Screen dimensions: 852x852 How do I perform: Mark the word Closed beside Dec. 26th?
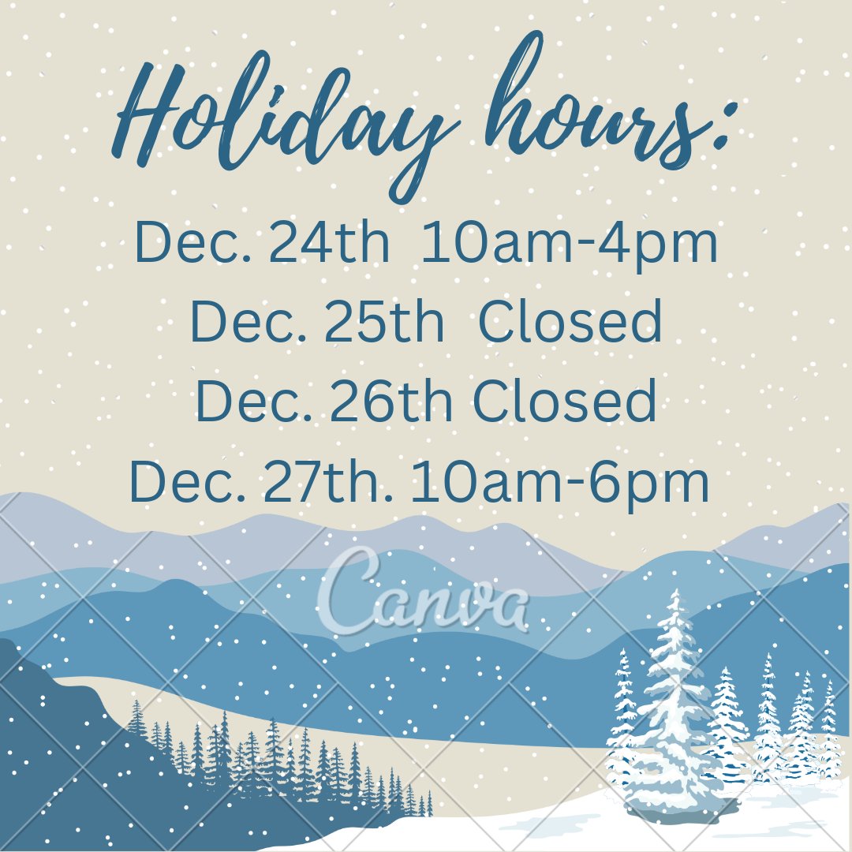coord(565,400)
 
